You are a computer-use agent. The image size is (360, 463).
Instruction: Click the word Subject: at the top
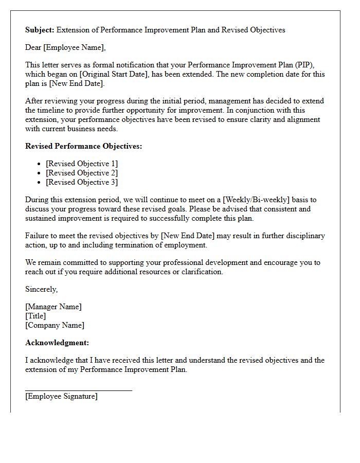(40, 30)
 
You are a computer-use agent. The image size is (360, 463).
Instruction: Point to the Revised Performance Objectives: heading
(83, 146)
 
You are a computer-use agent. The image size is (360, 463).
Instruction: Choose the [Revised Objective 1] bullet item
(81, 164)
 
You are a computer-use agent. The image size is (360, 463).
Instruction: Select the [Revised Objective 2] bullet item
(81, 173)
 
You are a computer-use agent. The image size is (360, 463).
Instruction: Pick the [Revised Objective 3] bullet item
(81, 182)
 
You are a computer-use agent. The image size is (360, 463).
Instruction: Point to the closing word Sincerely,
(41, 289)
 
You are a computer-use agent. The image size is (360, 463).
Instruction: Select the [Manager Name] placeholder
(53, 307)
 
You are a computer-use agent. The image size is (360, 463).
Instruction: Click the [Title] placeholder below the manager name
(35, 316)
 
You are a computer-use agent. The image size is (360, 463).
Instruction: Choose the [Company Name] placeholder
(55, 325)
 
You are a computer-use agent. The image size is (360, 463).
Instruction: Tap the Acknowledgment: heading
(57, 343)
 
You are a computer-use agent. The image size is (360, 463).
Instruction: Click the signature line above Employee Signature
(78, 390)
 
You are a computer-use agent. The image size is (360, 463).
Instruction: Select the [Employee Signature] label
(61, 396)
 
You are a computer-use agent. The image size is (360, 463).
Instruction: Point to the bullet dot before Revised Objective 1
(39, 164)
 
